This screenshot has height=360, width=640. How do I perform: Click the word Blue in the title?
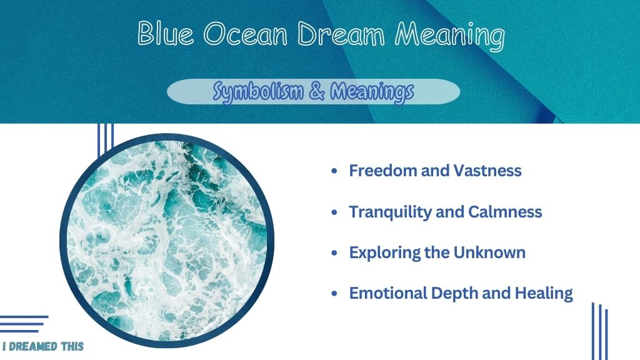tap(166, 33)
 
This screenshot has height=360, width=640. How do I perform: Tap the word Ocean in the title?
tap(245, 34)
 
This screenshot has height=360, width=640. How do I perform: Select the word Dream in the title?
tap(341, 33)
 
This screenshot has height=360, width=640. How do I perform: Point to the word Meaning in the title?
tap(450, 36)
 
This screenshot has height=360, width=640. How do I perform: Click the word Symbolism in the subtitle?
tap(258, 91)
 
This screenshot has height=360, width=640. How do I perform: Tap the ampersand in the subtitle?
tap(317, 91)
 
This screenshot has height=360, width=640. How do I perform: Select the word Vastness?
tap(487, 171)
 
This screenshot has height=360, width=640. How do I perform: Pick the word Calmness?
tap(505, 212)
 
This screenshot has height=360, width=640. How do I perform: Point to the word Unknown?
tap(489, 252)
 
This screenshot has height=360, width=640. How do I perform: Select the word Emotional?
tap(387, 293)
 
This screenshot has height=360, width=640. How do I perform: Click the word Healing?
tap(544, 294)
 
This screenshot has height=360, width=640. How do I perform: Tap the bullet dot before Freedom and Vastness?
tap(335, 171)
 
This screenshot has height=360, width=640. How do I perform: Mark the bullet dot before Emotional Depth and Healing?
tap(335, 294)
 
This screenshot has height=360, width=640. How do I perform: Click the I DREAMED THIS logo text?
tap(43, 346)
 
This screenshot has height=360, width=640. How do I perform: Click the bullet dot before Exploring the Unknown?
tap(335, 253)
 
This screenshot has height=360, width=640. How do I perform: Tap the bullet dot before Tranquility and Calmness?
tap(335, 212)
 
